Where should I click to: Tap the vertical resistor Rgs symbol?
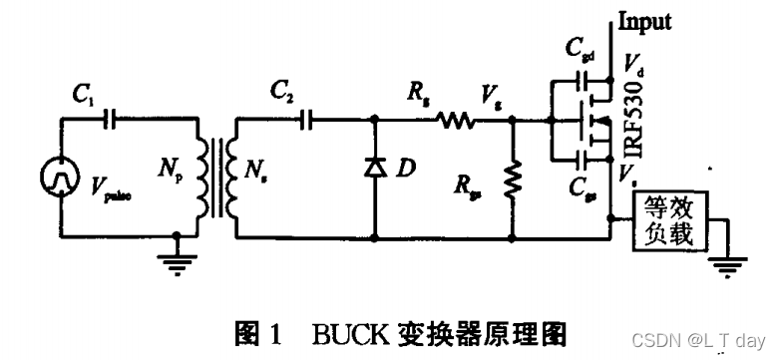(512, 181)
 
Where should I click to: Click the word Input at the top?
(645, 21)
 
